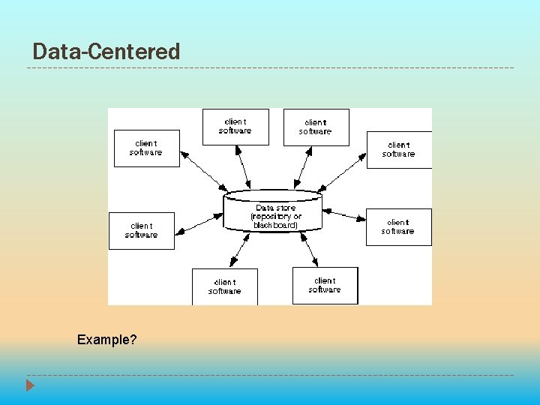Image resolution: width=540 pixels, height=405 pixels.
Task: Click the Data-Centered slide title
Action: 106,52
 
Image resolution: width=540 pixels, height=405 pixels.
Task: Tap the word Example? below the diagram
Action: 106,340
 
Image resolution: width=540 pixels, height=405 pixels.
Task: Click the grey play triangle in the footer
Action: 30,385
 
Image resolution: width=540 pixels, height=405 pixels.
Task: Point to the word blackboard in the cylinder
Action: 275,225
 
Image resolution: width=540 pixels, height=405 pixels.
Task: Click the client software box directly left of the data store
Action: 142,230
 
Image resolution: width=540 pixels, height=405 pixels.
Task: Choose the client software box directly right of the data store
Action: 398,226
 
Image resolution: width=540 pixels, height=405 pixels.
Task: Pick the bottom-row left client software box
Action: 224,286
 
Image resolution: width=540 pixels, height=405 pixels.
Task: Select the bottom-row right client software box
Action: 325,285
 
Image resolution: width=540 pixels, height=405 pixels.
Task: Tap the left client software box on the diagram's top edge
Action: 235,126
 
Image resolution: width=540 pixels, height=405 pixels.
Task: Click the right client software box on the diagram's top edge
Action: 315,127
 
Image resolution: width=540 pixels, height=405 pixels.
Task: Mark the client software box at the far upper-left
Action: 146,148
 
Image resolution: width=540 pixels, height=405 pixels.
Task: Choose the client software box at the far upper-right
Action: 398,149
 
